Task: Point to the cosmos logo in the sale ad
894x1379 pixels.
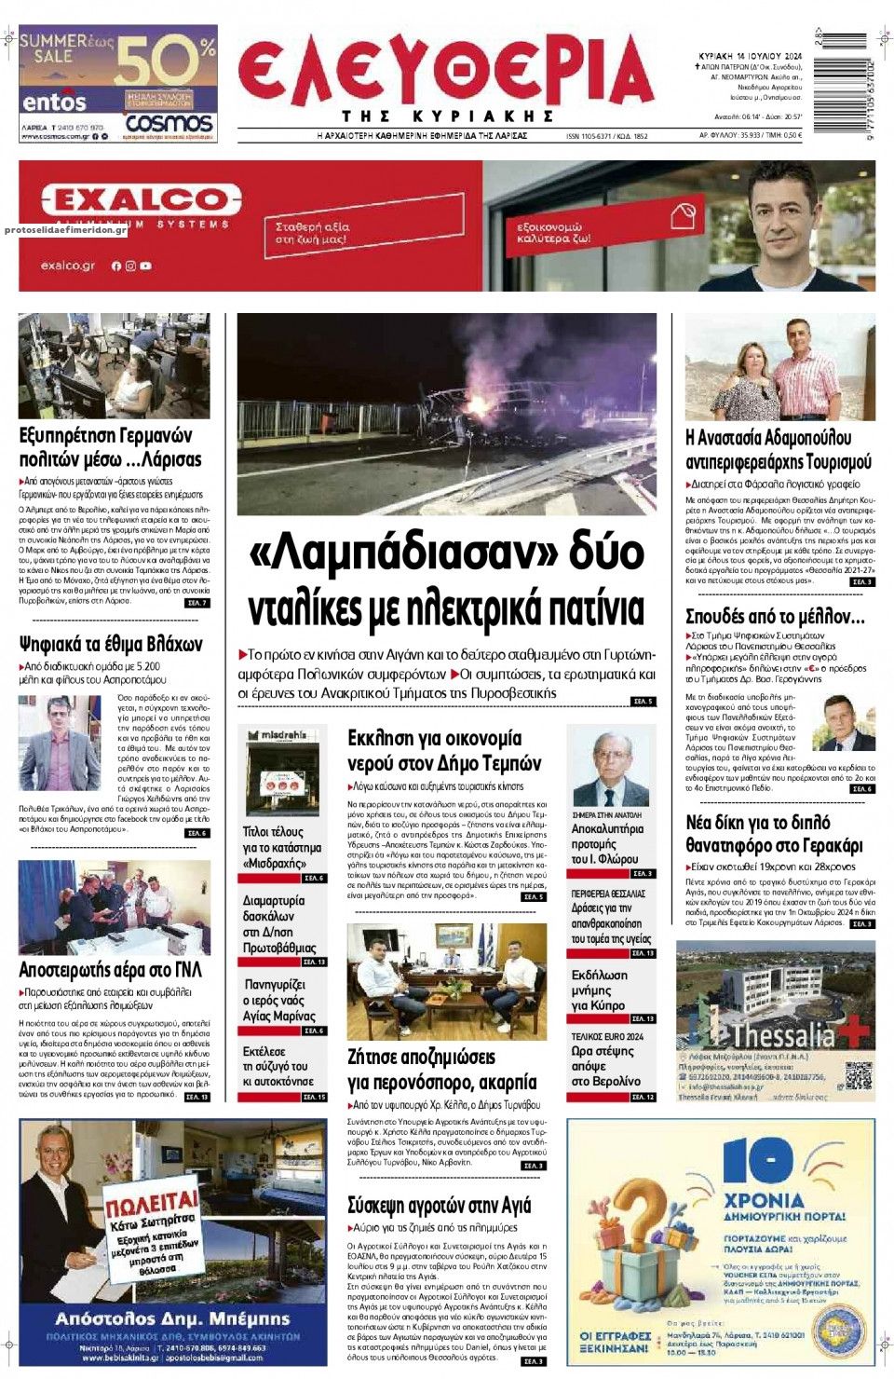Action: tap(169, 123)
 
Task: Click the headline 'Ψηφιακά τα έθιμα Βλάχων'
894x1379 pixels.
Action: tap(111, 644)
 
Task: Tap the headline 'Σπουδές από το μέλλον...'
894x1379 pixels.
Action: tap(775, 616)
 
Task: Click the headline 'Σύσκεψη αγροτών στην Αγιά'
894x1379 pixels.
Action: tap(439, 1205)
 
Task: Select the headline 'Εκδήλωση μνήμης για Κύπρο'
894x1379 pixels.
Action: tap(600, 990)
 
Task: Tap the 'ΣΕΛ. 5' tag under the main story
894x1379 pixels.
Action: tap(643, 701)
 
